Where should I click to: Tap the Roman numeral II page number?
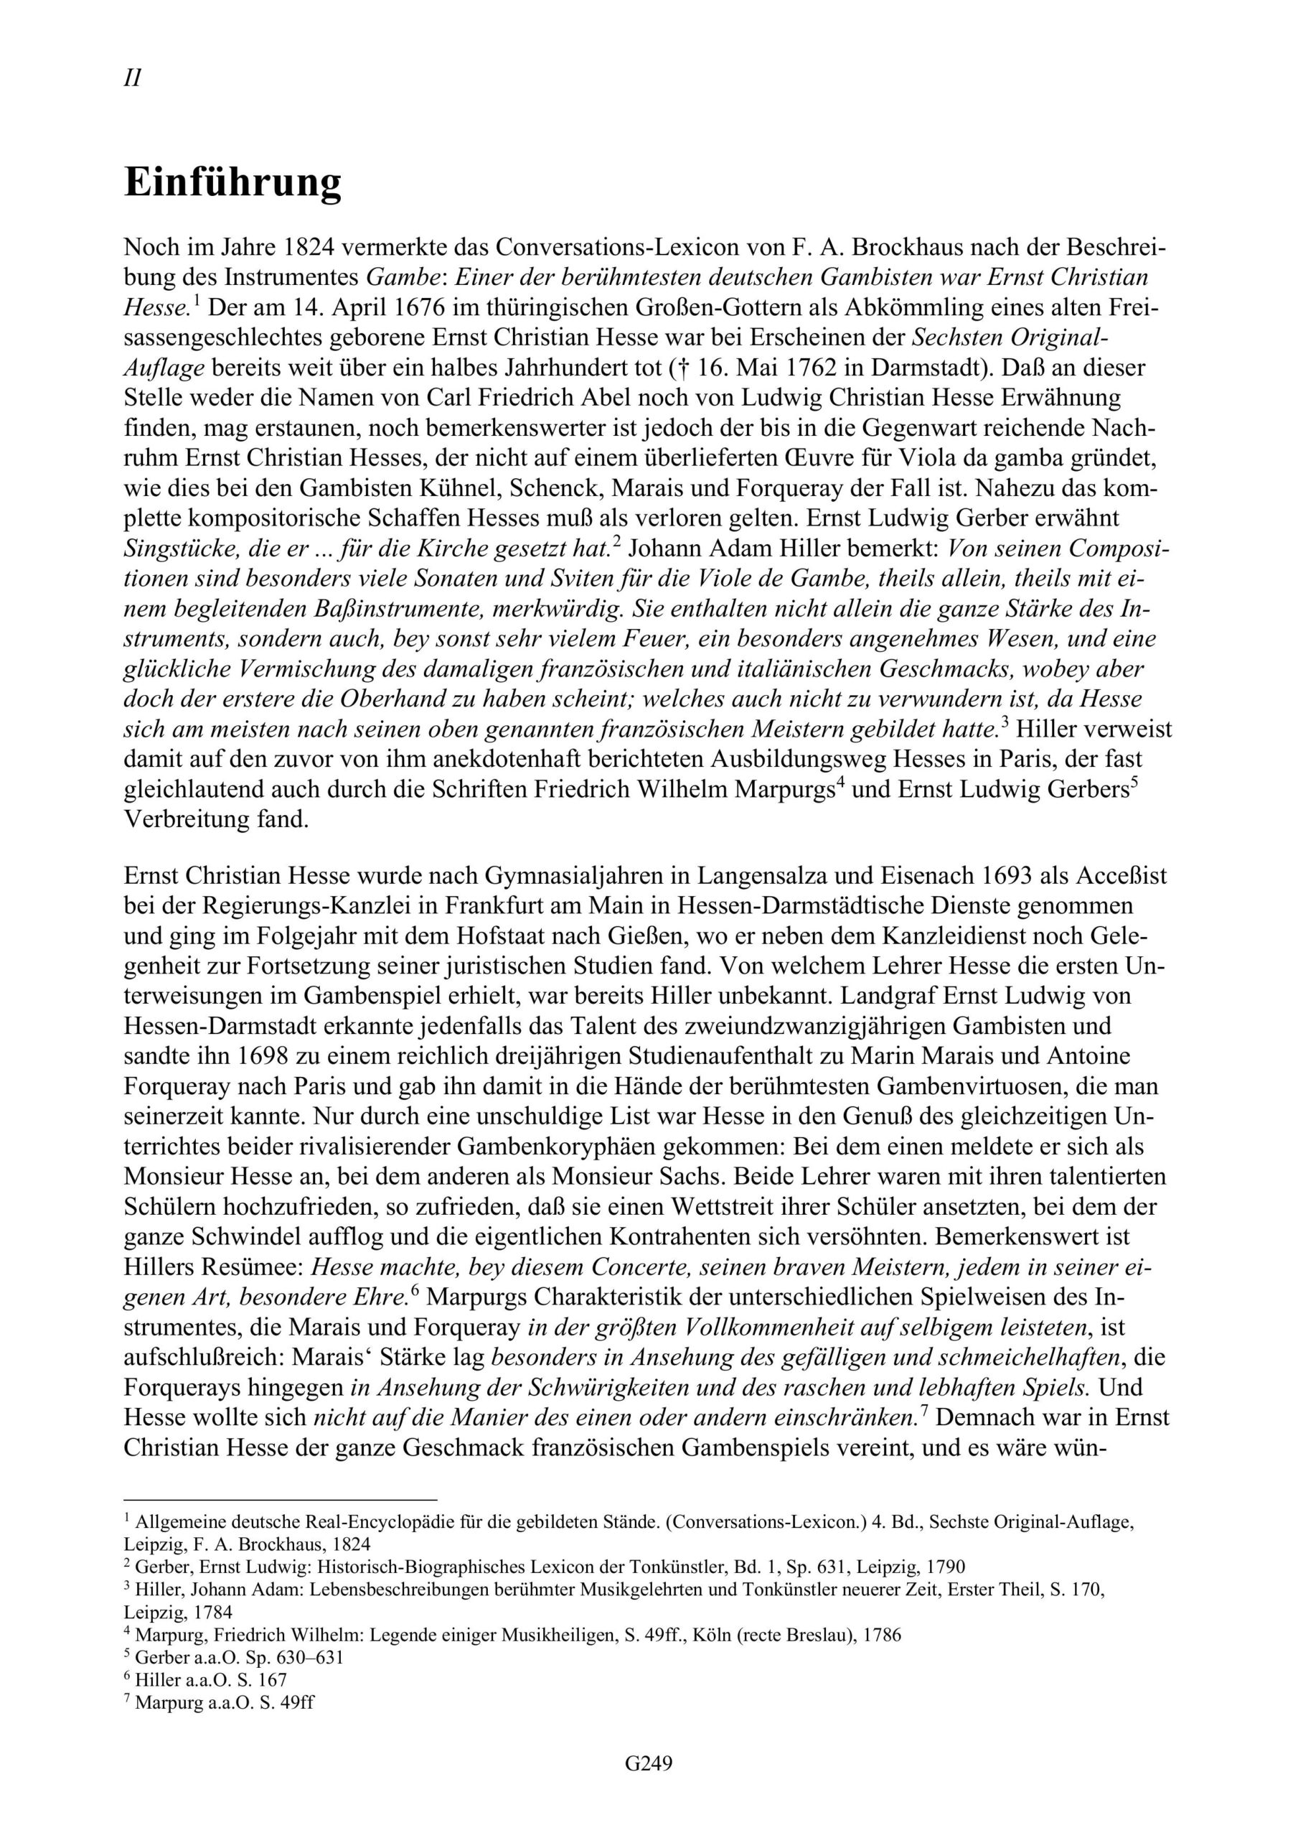133,78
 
